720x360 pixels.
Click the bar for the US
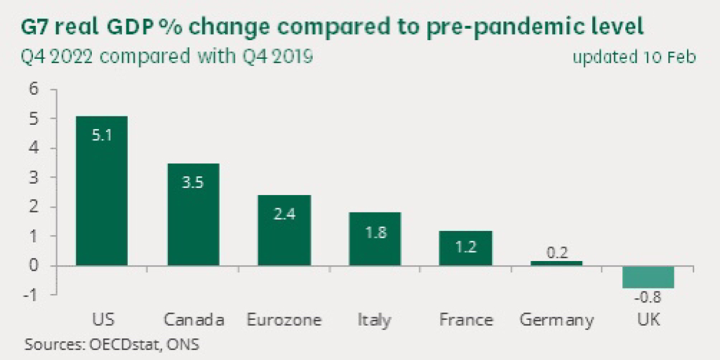pos(101,191)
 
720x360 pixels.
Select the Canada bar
pos(193,214)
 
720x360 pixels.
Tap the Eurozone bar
pos(284,230)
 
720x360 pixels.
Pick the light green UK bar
pos(648,277)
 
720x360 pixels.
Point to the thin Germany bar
pos(556,263)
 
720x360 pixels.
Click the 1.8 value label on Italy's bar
pos(376,232)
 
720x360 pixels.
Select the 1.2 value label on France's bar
pos(466,247)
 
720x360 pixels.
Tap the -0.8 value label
pos(648,298)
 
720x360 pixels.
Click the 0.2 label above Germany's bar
pos(557,253)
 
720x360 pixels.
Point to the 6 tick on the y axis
pos(34,89)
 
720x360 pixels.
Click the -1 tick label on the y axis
pos(31,295)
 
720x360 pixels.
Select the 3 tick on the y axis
pos(34,178)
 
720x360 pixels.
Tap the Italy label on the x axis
pos(374,320)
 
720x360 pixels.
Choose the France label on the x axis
pos(466,320)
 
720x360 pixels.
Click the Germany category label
pos(557,321)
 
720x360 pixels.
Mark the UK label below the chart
pos(649,320)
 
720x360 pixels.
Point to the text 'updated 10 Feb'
pos(634,58)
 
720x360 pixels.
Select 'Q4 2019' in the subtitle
pos(277,56)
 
